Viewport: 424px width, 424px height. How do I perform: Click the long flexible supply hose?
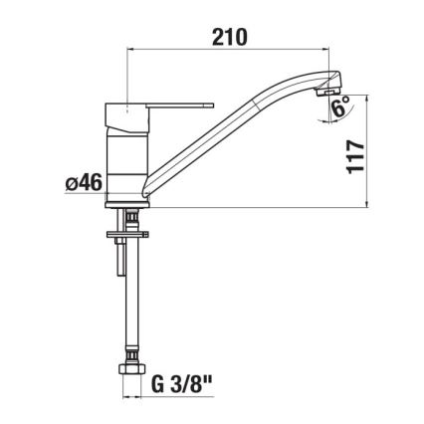tap(129, 299)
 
